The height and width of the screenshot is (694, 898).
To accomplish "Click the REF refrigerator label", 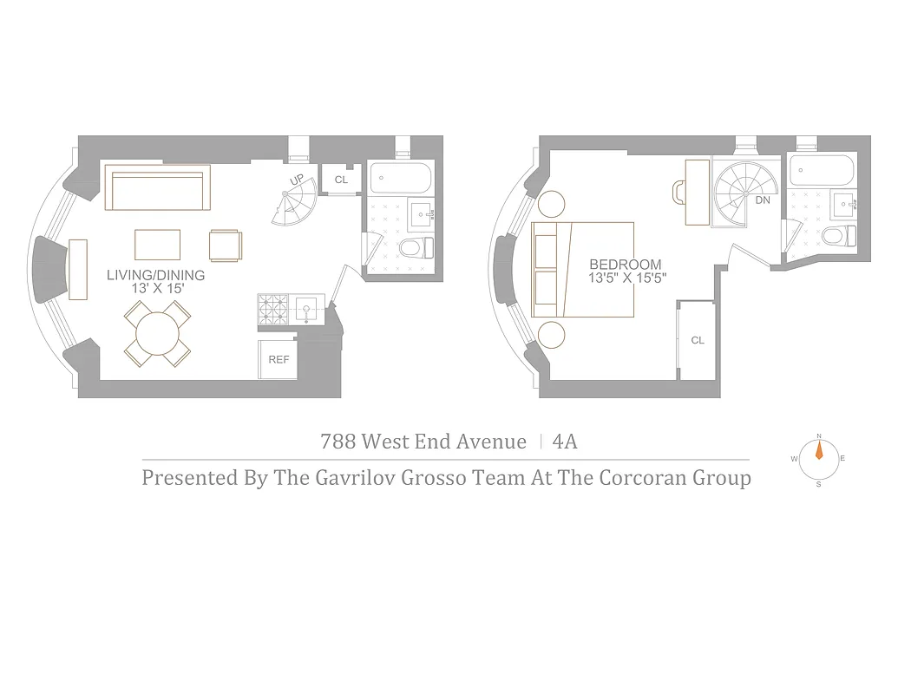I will pos(279,359).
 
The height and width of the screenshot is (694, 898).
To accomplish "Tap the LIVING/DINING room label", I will pos(156,275).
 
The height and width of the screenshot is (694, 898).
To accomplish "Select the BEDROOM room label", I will pos(625,265).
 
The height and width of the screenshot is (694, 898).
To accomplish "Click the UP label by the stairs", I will pos(298,180).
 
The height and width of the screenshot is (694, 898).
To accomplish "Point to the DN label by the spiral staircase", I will pos(763,200).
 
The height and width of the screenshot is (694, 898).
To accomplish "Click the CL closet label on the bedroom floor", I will pos(698,340).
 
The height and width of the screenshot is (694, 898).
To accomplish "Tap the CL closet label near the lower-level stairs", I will pos(341,180).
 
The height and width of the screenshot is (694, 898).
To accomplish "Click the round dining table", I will pos(157,332).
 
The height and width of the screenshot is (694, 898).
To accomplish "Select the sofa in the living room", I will pos(157,188).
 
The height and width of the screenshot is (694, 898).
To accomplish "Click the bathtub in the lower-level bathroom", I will pos(400,178).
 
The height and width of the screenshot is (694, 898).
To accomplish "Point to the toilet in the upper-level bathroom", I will pos(837,236).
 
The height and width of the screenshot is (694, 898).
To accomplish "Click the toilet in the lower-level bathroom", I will pos(416,249).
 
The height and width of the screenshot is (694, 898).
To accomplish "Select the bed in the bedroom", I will pos(583,269).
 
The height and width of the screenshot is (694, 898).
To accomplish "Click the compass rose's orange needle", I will pos(818,452).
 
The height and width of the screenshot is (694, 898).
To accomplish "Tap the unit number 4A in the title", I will pos(565,442).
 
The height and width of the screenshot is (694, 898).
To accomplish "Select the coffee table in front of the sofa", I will pos(158,244).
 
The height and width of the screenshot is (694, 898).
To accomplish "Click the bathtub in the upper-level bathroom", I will pos(820,170).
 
